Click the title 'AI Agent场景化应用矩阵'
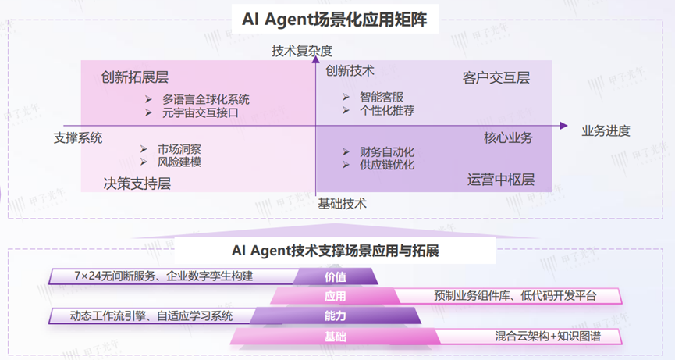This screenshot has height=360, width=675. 337,17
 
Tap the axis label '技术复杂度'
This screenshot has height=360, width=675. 302,51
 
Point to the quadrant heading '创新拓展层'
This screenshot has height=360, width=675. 135,77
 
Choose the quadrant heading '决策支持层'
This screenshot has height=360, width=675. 137,184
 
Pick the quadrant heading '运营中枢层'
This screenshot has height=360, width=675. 501,180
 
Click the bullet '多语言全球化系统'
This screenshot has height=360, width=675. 206,99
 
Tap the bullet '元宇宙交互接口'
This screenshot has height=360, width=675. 200,113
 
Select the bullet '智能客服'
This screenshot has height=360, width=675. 382,97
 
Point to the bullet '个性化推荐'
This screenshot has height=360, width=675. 387,111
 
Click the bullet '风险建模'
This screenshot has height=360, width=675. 179,162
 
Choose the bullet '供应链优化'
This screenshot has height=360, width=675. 387,165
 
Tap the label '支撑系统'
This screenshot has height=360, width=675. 78,138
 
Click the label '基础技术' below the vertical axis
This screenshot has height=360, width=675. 342,204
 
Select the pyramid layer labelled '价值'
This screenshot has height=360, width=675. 336,276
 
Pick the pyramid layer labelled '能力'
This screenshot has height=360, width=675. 336,316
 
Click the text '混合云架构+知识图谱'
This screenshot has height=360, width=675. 546,337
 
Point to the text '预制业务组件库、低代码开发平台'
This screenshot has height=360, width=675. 515,296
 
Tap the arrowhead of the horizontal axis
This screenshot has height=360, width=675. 563,126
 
